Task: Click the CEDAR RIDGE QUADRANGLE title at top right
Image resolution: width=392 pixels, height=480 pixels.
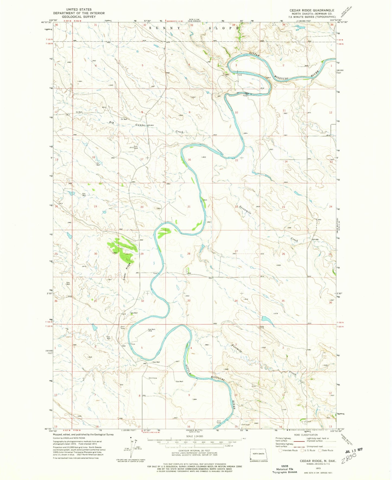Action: coord(312,10)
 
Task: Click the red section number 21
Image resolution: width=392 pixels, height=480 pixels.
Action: coord(189,207)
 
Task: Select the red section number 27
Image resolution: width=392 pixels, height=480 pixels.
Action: coord(236,251)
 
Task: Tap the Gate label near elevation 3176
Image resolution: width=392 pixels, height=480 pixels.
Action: coord(262,327)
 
